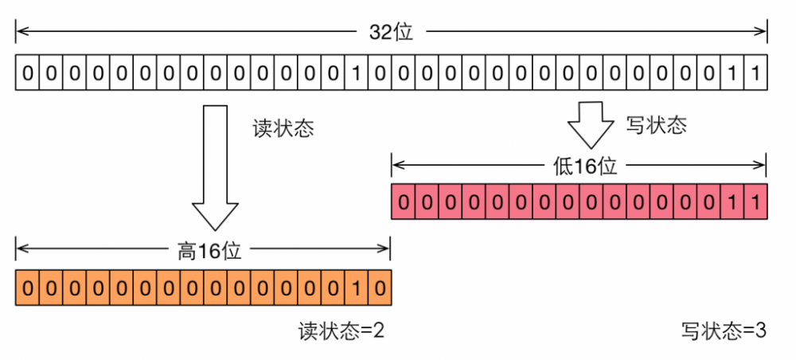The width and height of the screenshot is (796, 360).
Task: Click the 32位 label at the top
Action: (391, 33)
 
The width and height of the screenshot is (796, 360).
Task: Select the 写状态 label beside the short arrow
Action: (656, 124)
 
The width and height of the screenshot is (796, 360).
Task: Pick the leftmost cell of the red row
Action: (404, 202)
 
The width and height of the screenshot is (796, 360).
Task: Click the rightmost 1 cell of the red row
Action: (755, 202)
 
